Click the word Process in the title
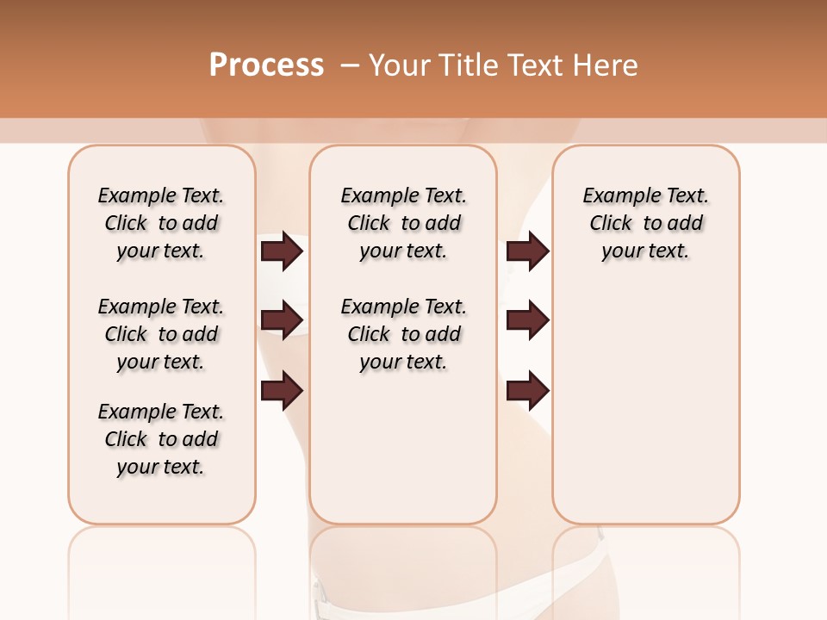pyautogui.click(x=266, y=65)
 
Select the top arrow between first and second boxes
pyautogui.click(x=282, y=251)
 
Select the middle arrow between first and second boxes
pyautogui.click(x=282, y=320)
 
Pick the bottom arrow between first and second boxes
pyautogui.click(x=282, y=390)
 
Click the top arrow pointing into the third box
pyautogui.click(x=528, y=251)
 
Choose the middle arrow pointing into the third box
pyautogui.click(x=528, y=320)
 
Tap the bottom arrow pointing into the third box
pyautogui.click(x=528, y=390)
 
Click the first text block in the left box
pyautogui.click(x=161, y=223)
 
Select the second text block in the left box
pyautogui.click(x=161, y=334)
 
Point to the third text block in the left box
pyautogui.click(x=161, y=439)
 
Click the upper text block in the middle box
pyautogui.click(x=403, y=223)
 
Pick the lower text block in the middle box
pyautogui.click(x=403, y=334)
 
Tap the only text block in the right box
pyautogui.click(x=645, y=223)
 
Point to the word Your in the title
pyautogui.click(x=400, y=65)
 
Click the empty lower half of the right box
pyautogui.click(x=645, y=413)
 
